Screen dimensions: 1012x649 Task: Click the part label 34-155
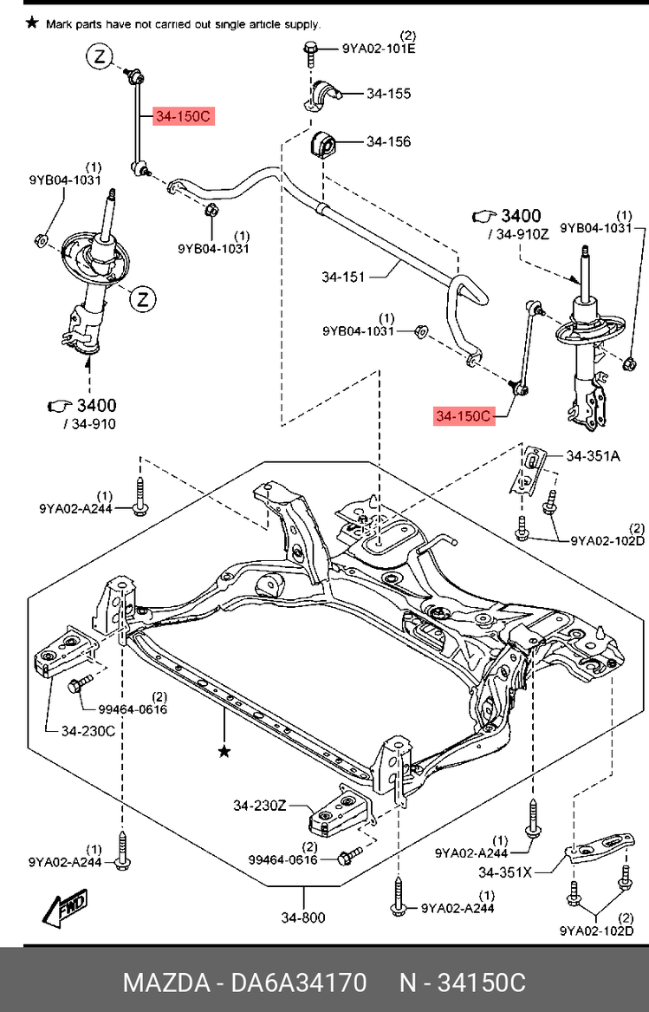[x=388, y=94]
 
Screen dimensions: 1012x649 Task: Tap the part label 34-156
[x=388, y=141]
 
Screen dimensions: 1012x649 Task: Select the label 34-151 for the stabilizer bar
[x=343, y=277]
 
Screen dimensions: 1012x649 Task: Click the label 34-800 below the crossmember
[x=303, y=917]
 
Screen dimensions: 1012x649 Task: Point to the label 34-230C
[x=88, y=731]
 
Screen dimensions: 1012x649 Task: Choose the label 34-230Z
[x=259, y=806]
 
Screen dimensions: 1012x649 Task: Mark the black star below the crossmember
[x=224, y=751]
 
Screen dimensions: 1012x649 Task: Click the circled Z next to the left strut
[x=142, y=300]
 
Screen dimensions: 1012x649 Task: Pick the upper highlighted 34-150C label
[x=182, y=115]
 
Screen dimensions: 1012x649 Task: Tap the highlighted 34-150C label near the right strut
[x=464, y=417]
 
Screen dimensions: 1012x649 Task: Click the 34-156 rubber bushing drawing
[x=322, y=144]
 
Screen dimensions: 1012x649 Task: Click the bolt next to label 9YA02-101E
[x=310, y=49]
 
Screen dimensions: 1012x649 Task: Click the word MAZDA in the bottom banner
[x=165, y=983]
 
